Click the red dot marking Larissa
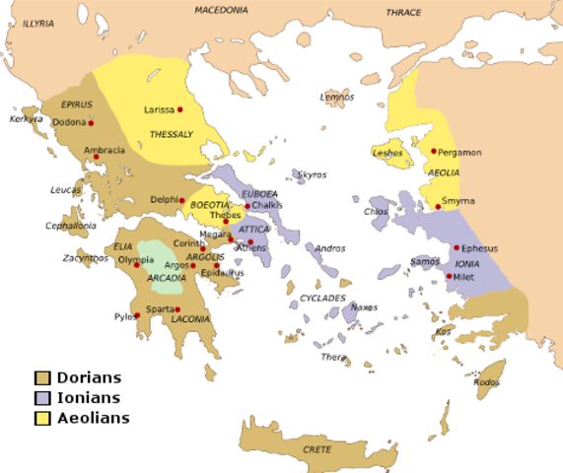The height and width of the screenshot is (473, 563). pyautogui.click(x=180, y=109)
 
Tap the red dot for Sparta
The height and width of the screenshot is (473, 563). pyautogui.click(x=177, y=309)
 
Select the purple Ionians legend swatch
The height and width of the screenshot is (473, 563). pyautogui.click(x=41, y=398)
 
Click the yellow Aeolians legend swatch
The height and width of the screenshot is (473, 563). pyautogui.click(x=41, y=418)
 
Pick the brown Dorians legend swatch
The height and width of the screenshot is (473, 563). pyautogui.click(x=41, y=378)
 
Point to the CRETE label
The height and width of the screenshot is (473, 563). pyautogui.click(x=317, y=449)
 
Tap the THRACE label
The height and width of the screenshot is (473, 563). pyautogui.click(x=403, y=13)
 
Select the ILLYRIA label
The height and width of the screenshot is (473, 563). pyautogui.click(x=39, y=21)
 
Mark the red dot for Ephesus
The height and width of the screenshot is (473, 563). pyautogui.click(x=456, y=247)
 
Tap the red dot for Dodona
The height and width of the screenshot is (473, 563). pyautogui.click(x=91, y=123)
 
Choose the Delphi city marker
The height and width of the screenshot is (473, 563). pyautogui.click(x=181, y=200)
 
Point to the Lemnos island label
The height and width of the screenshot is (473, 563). pyautogui.click(x=336, y=97)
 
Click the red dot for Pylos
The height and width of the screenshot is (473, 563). pyautogui.click(x=136, y=316)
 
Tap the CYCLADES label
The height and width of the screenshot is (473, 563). pyautogui.click(x=323, y=298)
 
